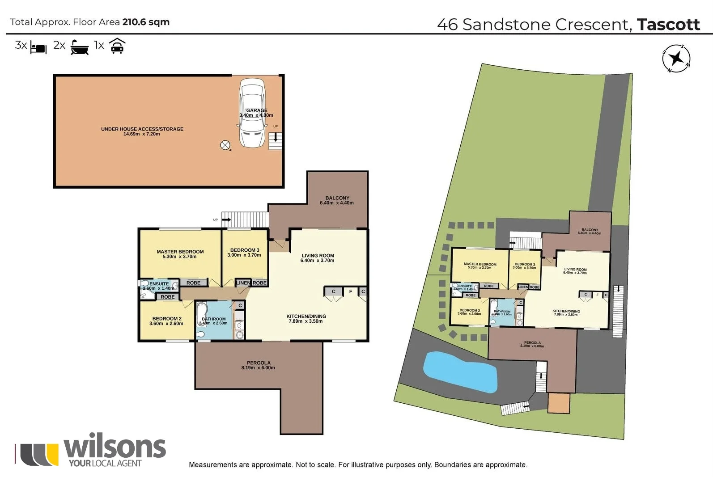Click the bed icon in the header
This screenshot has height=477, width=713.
38,47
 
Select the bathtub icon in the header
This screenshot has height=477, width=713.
80,47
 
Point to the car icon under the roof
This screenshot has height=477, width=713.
117,46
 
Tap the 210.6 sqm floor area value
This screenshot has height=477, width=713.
146,22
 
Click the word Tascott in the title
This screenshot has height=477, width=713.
668,24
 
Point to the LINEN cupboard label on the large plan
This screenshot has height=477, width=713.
243,283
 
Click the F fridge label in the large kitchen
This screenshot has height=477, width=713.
351,291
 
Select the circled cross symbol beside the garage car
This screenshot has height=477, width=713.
225,145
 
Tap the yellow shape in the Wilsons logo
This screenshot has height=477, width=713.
53,454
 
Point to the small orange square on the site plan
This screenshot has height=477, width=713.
559,403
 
